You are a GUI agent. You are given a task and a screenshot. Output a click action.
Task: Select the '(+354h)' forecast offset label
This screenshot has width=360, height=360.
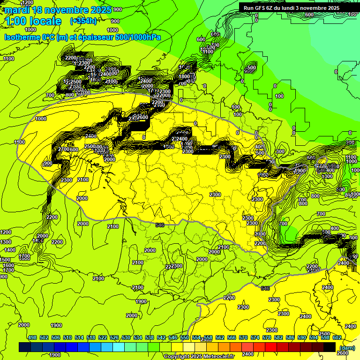pos(83,21)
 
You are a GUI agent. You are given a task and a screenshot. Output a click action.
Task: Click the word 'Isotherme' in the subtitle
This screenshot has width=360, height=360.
pos(22,37)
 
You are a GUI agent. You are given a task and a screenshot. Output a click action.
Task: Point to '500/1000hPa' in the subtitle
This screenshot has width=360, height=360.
pos(139,37)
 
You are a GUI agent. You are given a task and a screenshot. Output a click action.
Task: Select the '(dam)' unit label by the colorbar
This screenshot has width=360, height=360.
pos(347,347)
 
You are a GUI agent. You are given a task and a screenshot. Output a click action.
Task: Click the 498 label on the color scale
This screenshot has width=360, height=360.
pos(32,338)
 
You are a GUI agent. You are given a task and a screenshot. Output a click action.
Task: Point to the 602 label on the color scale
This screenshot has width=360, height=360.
pos(337,338)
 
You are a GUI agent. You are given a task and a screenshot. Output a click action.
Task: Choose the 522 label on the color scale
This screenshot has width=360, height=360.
pos(103,338)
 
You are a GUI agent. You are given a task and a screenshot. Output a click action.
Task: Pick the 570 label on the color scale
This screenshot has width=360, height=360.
pos(243,338)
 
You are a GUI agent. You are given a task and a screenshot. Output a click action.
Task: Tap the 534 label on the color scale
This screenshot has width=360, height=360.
pos(138,338)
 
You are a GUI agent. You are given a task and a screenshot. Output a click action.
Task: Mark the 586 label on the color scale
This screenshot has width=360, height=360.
pos(290,338)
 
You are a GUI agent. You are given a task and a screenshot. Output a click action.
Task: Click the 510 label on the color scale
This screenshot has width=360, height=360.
pos(67,338)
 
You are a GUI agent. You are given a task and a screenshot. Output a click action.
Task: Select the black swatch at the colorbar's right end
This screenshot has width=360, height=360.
pos(330,347)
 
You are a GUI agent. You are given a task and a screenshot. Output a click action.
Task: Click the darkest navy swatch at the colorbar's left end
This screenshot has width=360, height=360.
pos(25,347)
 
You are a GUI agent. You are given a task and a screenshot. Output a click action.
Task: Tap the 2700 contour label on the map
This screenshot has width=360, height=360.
pos(64,149)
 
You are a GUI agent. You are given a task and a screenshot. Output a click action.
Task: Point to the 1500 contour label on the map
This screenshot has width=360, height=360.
pos(5,260)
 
